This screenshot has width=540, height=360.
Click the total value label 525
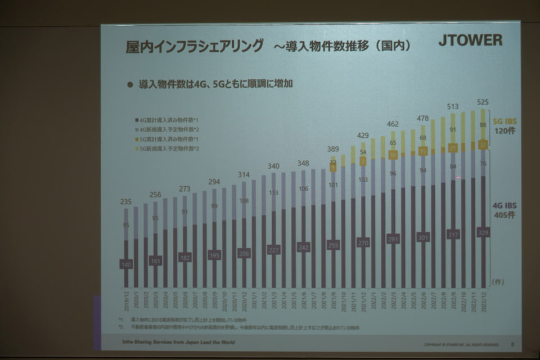[482, 102]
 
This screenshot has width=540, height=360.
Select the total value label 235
[126, 202]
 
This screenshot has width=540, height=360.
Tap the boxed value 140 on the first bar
[126, 264]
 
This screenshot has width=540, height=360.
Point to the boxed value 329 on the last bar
[482, 232]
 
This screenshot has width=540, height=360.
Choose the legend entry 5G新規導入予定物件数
[167, 148]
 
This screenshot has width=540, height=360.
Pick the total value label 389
[334, 149]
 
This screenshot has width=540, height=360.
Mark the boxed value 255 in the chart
[334, 245]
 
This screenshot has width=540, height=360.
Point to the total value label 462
[393, 124]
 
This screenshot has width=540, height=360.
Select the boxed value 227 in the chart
[274, 250]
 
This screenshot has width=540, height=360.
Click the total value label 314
[244, 174]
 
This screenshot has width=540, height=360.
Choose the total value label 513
[453, 106]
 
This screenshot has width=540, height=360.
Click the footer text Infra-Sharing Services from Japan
[178, 342]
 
